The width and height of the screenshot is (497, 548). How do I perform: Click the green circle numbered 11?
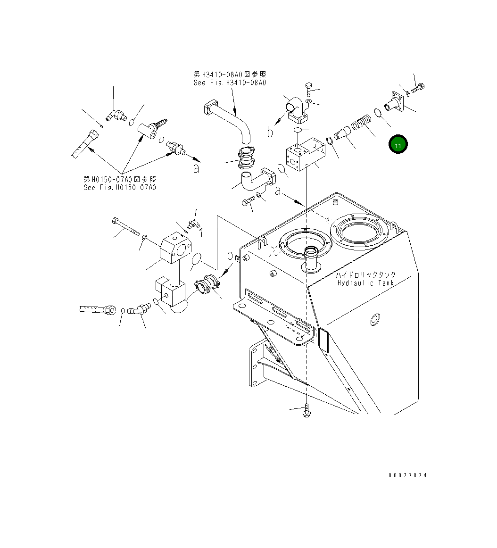tap(398, 145)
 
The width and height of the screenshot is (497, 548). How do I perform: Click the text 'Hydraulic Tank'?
tap(366, 283)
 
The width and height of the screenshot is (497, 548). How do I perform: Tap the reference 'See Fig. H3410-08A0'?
tap(230, 83)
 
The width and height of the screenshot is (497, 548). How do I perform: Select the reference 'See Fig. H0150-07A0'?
tap(120, 187)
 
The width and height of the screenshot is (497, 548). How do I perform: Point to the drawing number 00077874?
tap(407, 475)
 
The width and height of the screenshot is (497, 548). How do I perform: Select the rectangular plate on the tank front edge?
tap(323, 340)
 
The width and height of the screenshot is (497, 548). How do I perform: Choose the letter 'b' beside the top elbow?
tap(270, 133)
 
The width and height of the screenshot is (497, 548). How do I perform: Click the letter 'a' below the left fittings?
tap(196, 168)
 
